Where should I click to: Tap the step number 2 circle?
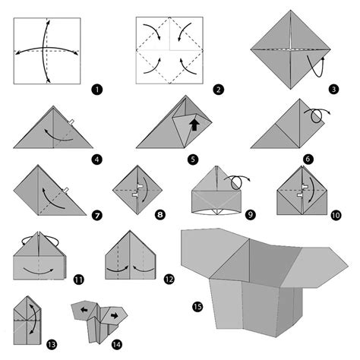point(218,90)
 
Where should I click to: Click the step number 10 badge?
point(335,216)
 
